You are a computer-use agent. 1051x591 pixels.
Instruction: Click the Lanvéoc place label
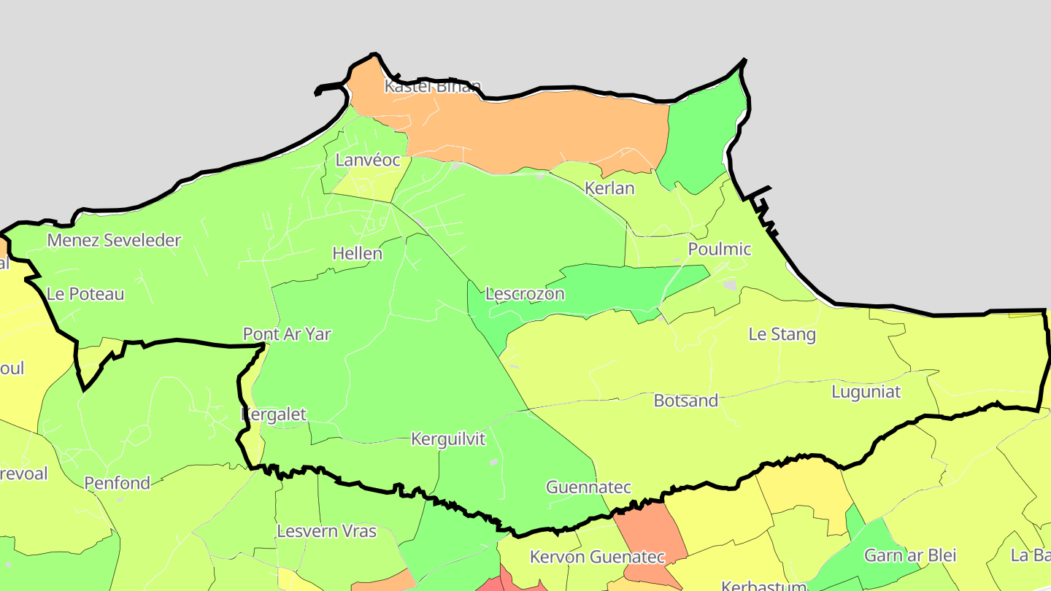click(368, 160)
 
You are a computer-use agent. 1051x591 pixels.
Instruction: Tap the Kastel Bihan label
click(433, 86)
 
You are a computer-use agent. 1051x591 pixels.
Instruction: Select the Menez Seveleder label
click(114, 240)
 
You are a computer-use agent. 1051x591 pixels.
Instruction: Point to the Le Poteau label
click(85, 294)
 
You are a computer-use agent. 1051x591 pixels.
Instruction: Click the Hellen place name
click(358, 253)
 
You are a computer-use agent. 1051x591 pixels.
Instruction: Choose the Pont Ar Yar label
click(287, 334)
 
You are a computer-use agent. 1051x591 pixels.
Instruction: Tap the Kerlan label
click(609, 188)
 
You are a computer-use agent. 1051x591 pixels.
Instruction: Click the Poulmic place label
click(720, 249)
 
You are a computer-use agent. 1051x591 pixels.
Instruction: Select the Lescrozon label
click(525, 294)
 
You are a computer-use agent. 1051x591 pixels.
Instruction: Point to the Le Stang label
click(782, 334)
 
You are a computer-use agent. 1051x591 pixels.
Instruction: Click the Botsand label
click(686, 401)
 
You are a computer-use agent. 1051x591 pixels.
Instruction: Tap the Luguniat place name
click(866, 392)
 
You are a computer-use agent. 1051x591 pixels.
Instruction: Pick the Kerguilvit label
click(448, 439)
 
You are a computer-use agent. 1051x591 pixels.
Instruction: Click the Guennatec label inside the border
click(588, 487)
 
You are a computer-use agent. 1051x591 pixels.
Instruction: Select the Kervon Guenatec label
click(597, 557)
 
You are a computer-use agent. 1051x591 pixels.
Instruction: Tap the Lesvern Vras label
click(327, 530)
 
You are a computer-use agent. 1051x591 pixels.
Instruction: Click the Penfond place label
click(118, 483)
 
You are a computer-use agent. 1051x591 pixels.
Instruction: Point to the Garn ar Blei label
click(909, 555)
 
